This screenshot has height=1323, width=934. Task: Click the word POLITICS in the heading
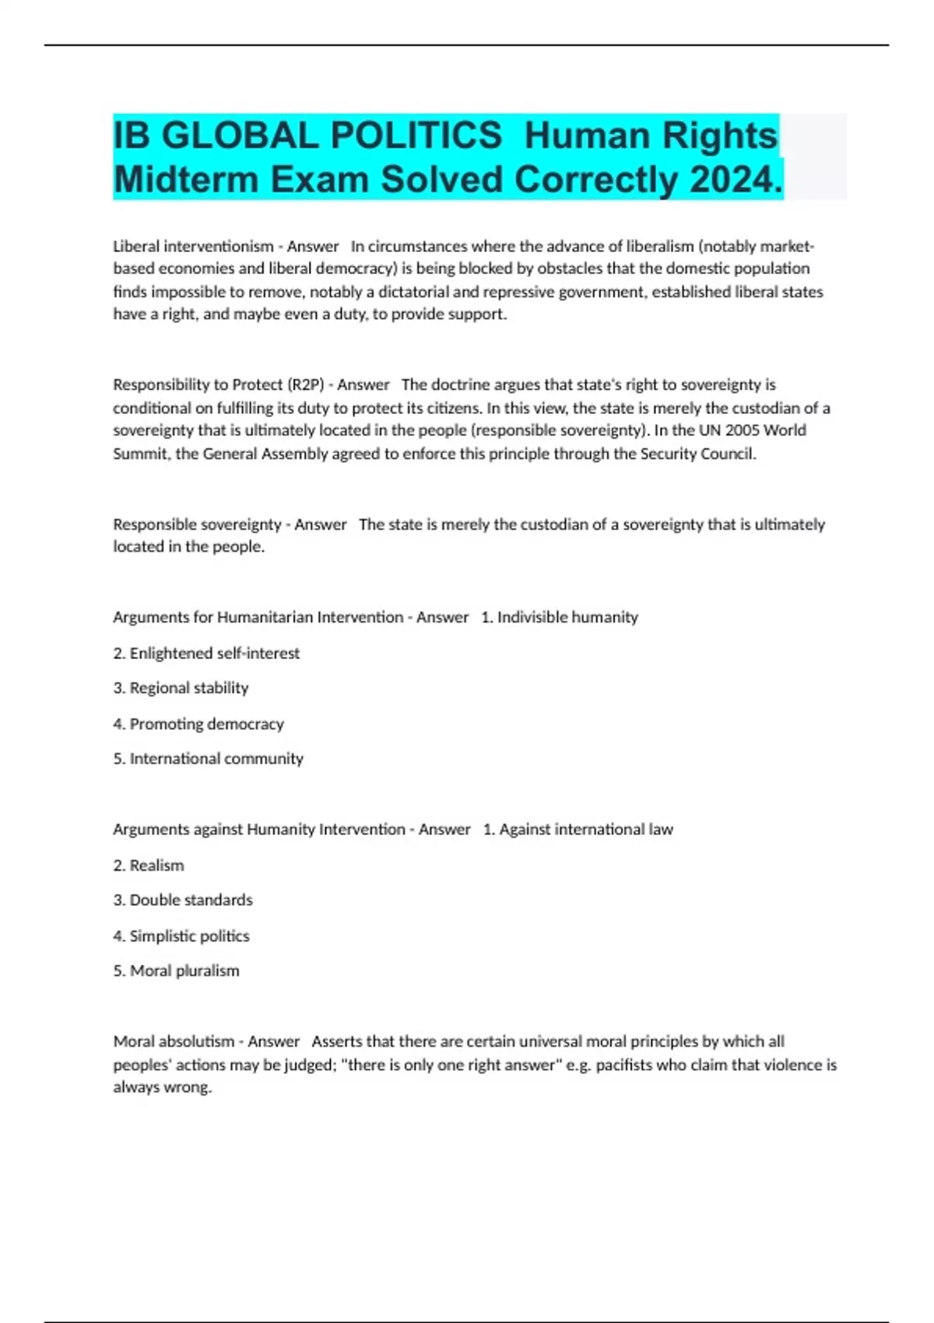[416, 135]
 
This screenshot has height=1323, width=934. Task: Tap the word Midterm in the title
[187, 180]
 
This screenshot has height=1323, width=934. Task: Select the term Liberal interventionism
[193, 247]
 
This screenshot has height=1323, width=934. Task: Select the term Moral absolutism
[174, 1041]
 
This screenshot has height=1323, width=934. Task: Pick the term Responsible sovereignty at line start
[197, 525]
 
